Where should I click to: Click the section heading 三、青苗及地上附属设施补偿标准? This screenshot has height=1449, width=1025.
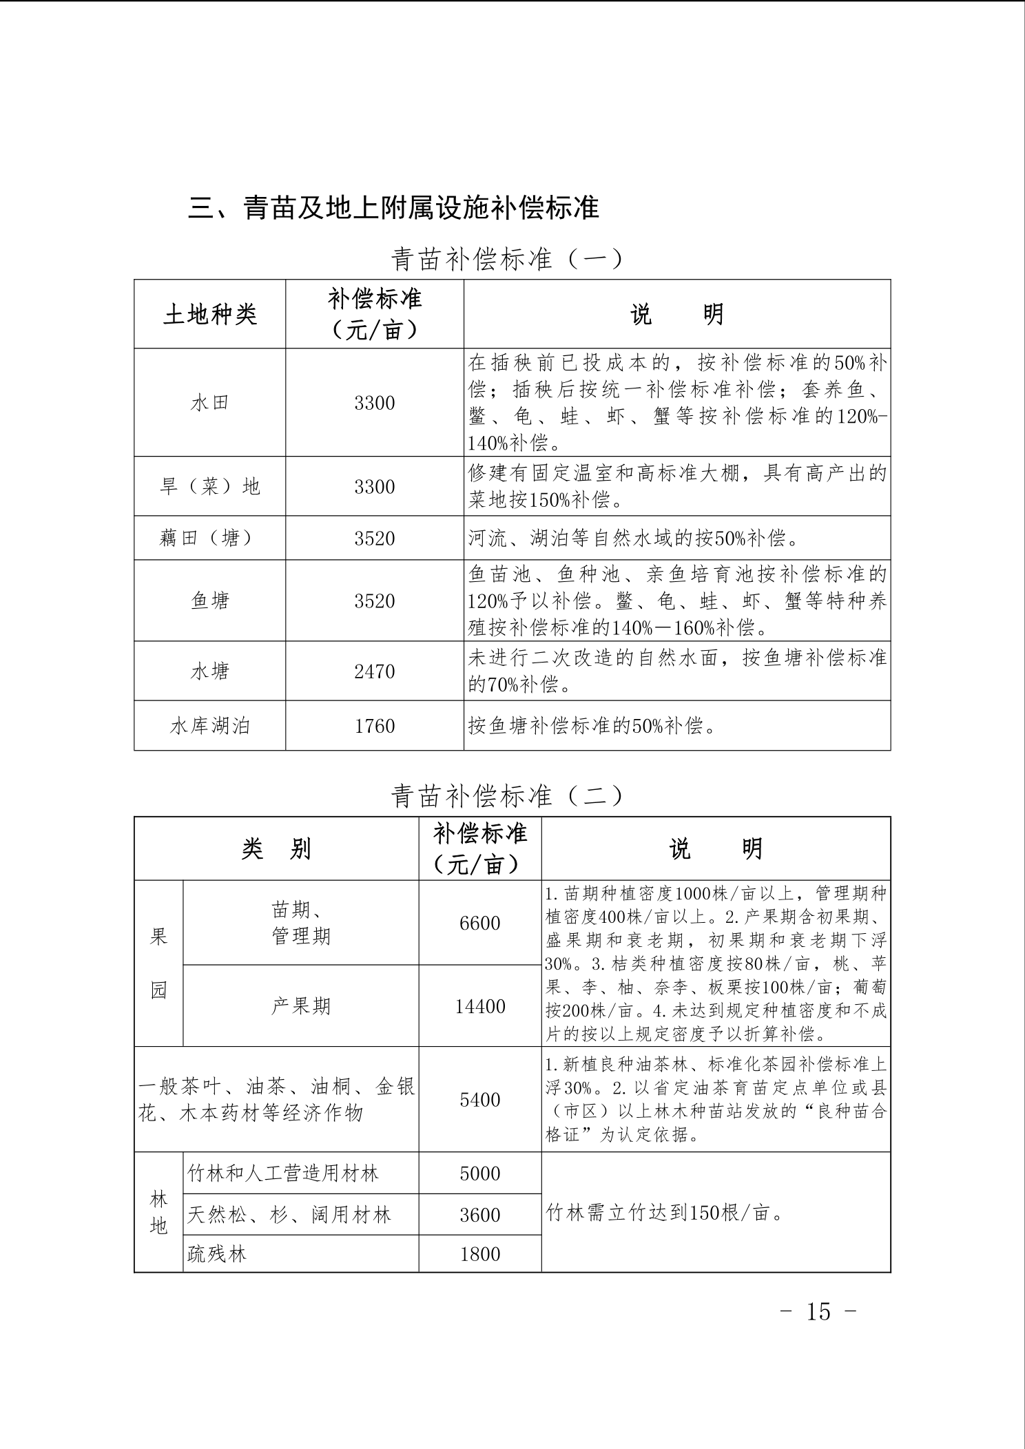393,207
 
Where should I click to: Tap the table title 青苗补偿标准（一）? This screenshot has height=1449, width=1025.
506,260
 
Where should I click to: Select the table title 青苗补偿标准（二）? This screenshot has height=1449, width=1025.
506,796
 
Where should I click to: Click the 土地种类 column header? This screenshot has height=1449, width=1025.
209,315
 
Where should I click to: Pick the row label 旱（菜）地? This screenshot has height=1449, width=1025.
209,486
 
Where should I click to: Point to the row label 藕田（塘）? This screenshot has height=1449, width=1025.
209,538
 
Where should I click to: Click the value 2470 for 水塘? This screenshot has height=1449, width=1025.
374,671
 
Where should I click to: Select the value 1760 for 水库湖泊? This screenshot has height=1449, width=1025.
374,726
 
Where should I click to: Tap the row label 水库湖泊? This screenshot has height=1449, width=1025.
209,726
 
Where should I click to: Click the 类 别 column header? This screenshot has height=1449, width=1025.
276,849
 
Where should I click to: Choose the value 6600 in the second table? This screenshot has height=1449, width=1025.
479,923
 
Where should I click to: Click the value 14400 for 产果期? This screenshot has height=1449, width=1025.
479,1006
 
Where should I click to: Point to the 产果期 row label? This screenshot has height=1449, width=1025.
300,1006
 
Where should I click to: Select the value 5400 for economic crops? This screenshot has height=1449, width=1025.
479,1100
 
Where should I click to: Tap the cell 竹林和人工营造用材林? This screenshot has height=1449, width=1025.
283,1173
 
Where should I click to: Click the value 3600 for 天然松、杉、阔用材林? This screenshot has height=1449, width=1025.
479,1214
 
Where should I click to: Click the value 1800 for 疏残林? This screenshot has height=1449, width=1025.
479,1253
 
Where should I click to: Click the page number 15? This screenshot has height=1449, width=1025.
818,1312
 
